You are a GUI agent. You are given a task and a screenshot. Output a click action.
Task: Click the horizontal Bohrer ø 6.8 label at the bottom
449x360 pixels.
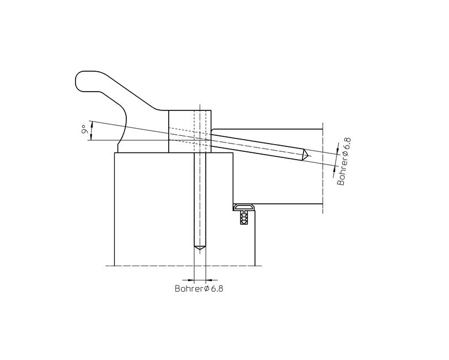click(x=199, y=288)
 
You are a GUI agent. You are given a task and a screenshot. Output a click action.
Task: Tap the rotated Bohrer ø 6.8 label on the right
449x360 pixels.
click(x=344, y=162)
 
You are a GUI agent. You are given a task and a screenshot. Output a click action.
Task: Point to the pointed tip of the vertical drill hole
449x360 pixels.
click(x=200, y=250)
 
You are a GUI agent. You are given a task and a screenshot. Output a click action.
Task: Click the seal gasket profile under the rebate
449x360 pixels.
click(x=244, y=207)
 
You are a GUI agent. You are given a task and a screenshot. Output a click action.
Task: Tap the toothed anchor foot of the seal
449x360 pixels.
click(x=244, y=218)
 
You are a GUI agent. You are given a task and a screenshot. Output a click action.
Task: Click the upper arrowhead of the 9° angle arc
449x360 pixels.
click(x=92, y=124)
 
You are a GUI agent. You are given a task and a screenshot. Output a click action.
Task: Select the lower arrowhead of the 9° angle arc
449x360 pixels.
click(x=91, y=137)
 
